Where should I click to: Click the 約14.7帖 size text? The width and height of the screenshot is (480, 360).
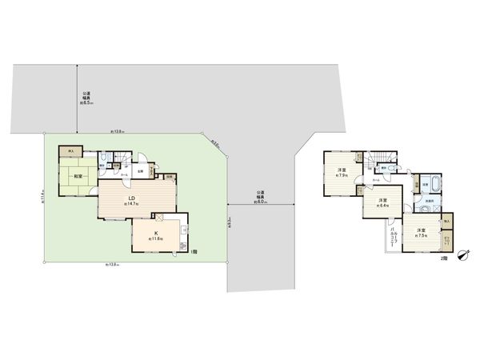[132, 205]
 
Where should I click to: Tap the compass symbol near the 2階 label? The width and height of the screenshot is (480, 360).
[462, 255]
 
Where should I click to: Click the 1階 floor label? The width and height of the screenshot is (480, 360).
[196, 252]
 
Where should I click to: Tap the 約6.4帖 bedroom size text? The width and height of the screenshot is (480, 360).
[379, 206]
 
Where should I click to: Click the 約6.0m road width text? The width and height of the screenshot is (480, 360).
[261, 202]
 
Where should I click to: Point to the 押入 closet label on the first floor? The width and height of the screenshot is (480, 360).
[71, 152]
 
